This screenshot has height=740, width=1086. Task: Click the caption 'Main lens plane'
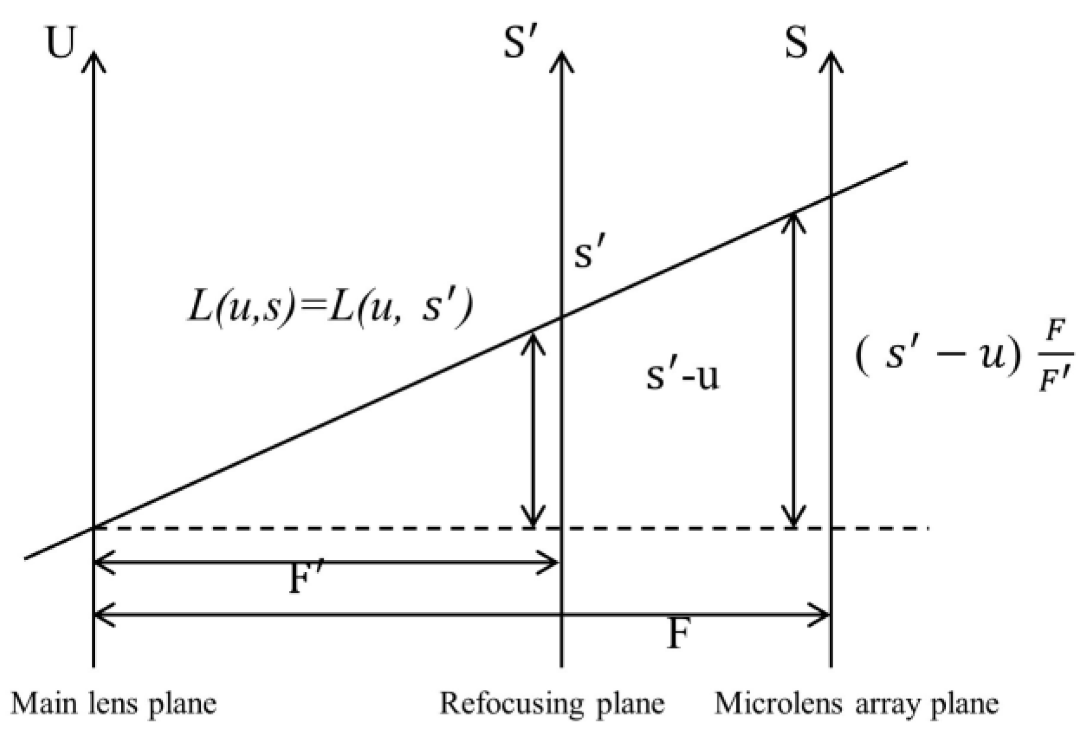114,704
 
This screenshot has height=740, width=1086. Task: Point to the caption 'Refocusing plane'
552,704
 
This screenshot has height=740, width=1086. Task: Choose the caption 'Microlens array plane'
856,704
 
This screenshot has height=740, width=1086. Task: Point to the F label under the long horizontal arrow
678,634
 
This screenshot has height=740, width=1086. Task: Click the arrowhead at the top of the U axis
93,58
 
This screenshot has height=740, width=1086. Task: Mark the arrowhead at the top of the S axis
831,58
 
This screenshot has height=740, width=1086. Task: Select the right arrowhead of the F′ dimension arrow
551,562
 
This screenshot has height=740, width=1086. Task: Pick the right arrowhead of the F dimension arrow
822,615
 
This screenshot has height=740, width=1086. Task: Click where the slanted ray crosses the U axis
93,527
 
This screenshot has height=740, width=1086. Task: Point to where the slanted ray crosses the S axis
831,196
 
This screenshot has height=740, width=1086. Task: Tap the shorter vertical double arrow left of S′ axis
533,429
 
